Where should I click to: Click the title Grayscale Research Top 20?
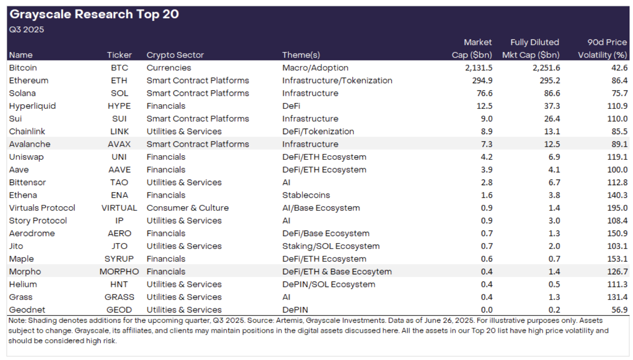pyautogui.click(x=94, y=14)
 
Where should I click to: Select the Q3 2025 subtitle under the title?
pyautogui.click(x=27, y=30)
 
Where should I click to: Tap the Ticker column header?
pyautogui.click(x=119, y=55)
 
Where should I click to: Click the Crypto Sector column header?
pyautogui.click(x=175, y=55)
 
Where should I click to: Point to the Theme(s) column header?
pyautogui.click(x=301, y=55)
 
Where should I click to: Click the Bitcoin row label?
pyautogui.click(x=23, y=68)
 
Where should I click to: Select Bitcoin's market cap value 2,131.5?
pyautogui.click(x=478, y=68)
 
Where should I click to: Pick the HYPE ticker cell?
pyautogui.click(x=119, y=106)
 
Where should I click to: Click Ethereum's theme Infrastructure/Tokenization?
pyautogui.click(x=337, y=81)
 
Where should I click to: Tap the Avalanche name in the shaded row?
pyautogui.click(x=30, y=144)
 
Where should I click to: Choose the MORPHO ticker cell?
pyautogui.click(x=119, y=272)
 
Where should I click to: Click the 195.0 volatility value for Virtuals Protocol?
pyautogui.click(x=617, y=208)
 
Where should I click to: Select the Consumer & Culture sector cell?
pyautogui.click(x=188, y=208)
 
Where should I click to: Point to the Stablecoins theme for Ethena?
pyautogui.click(x=306, y=195)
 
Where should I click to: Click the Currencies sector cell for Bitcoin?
pyautogui.click(x=169, y=68)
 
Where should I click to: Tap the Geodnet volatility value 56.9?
pyautogui.click(x=619, y=310)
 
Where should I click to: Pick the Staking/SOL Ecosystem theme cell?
pyautogui.click(x=331, y=246)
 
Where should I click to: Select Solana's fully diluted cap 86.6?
pyautogui.click(x=552, y=93)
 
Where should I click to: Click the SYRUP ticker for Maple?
pyautogui.click(x=119, y=259)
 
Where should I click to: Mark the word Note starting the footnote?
pyautogui.click(x=17, y=321)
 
